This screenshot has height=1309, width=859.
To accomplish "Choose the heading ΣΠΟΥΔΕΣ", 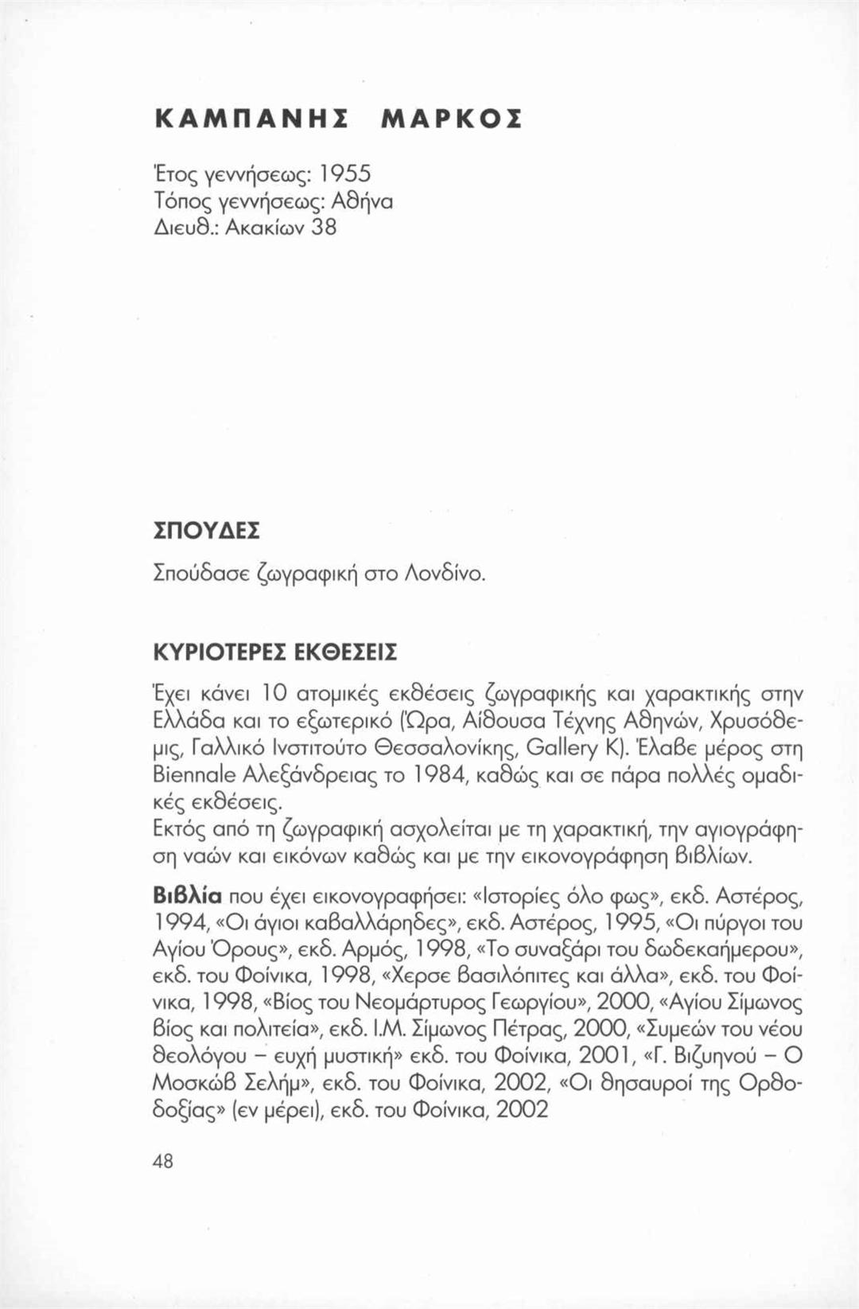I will click(196, 529).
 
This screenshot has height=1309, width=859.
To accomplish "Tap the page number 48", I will click(162, 1161).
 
